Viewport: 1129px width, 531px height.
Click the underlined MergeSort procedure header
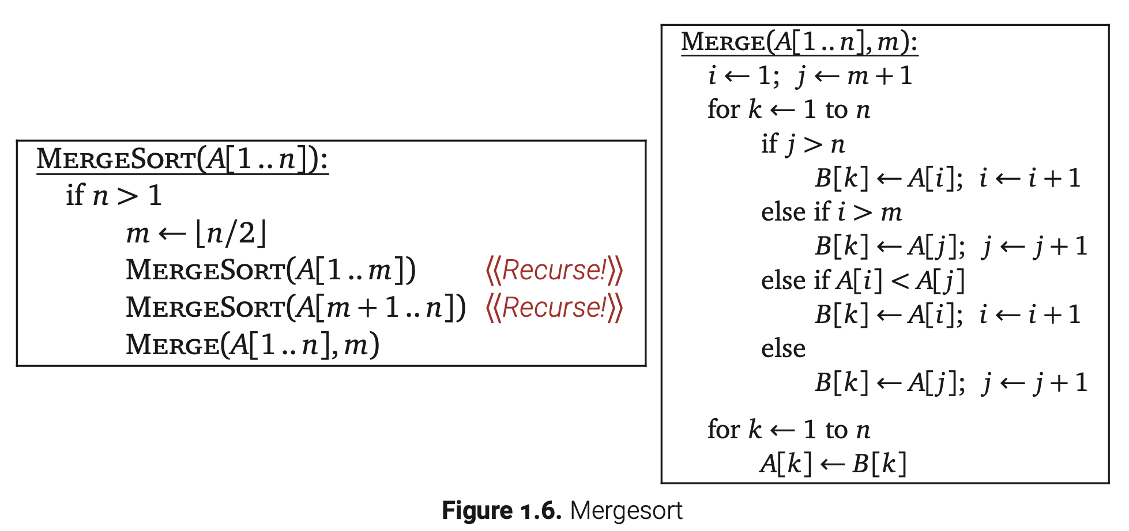(182, 159)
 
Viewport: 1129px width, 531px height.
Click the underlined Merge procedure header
(799, 42)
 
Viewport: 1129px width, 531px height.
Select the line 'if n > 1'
(114, 196)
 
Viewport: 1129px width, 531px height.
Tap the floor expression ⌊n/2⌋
(231, 234)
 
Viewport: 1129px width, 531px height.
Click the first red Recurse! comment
(554, 271)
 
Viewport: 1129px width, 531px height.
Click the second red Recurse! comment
(554, 308)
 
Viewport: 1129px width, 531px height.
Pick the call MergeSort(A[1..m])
(270, 271)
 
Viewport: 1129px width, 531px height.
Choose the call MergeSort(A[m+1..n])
(295, 308)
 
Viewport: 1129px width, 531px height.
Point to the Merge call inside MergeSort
(253, 345)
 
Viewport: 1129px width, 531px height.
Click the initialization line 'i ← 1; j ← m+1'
(810, 76)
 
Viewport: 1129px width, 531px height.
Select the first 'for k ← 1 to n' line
(788, 109)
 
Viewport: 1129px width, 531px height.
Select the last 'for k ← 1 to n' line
(788, 430)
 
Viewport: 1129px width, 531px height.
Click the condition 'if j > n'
(803, 144)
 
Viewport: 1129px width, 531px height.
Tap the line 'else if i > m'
(831, 213)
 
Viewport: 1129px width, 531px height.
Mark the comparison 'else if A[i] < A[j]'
(862, 280)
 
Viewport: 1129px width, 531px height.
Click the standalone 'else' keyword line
(783, 349)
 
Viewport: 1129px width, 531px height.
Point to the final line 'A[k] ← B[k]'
(833, 464)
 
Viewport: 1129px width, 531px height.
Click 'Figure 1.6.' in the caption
(501, 511)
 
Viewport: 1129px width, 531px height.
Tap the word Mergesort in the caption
(626, 511)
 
